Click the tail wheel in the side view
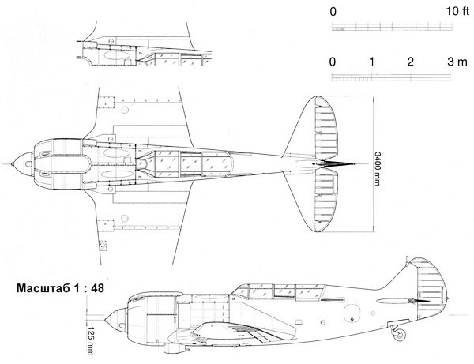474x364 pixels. coord(400,336)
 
